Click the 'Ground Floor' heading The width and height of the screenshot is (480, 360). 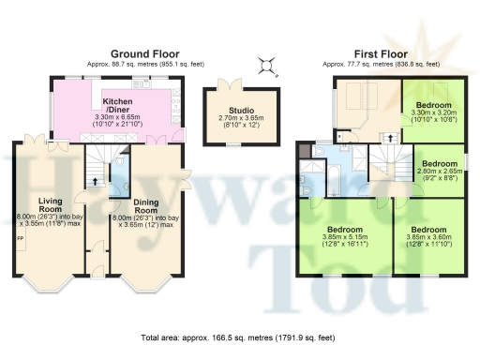pyautogui.click(x=144, y=53)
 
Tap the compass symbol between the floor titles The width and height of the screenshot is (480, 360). pyautogui.click(x=268, y=64)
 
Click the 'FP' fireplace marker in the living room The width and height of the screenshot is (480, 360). pyautogui.click(x=20, y=238)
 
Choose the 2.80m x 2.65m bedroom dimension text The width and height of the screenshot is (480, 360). pyautogui.click(x=439, y=172)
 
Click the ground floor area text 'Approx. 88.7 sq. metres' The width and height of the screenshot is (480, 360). pyautogui.click(x=144, y=64)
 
